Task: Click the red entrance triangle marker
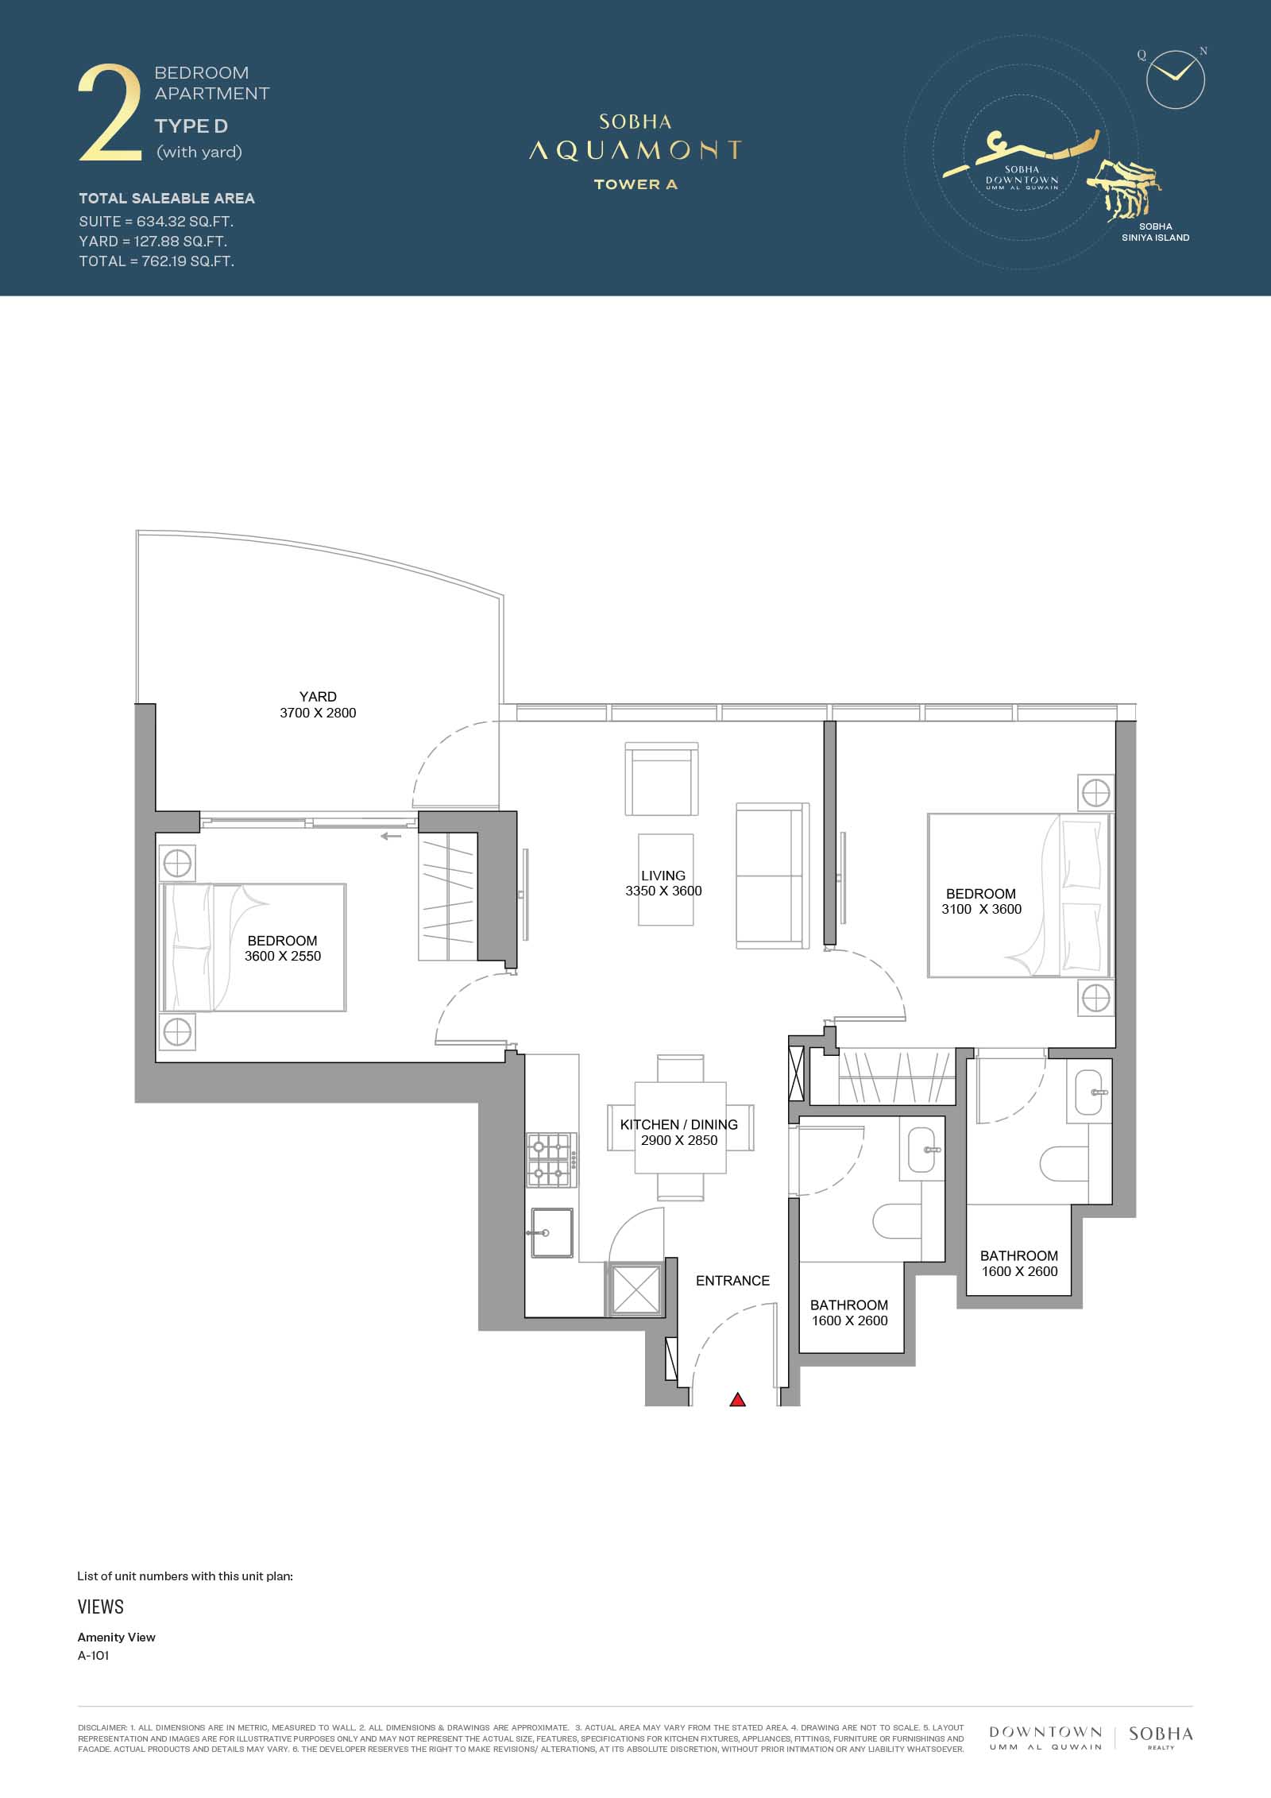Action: [x=737, y=1400]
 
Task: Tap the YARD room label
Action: [x=318, y=697]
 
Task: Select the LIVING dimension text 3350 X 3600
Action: [x=663, y=891]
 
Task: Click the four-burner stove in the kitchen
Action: [x=551, y=1160]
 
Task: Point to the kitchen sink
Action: [x=551, y=1233]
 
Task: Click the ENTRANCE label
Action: [x=732, y=1281]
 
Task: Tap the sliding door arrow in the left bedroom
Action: [x=391, y=836]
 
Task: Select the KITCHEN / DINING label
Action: [x=679, y=1124]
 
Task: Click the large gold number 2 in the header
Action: [x=110, y=115]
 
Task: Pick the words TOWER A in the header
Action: [x=635, y=184]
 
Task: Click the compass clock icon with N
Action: [x=1176, y=78]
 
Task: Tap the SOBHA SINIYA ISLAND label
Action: [x=1155, y=232]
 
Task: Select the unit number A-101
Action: [x=93, y=1656]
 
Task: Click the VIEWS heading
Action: [x=101, y=1606]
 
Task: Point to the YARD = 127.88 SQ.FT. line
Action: [x=153, y=241]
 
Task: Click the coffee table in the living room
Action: [x=666, y=880]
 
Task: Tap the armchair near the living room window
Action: [x=662, y=779]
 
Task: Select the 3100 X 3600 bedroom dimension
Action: [x=982, y=909]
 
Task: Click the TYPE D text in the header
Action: [x=191, y=126]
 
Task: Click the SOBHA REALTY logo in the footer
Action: [x=1161, y=1737]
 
